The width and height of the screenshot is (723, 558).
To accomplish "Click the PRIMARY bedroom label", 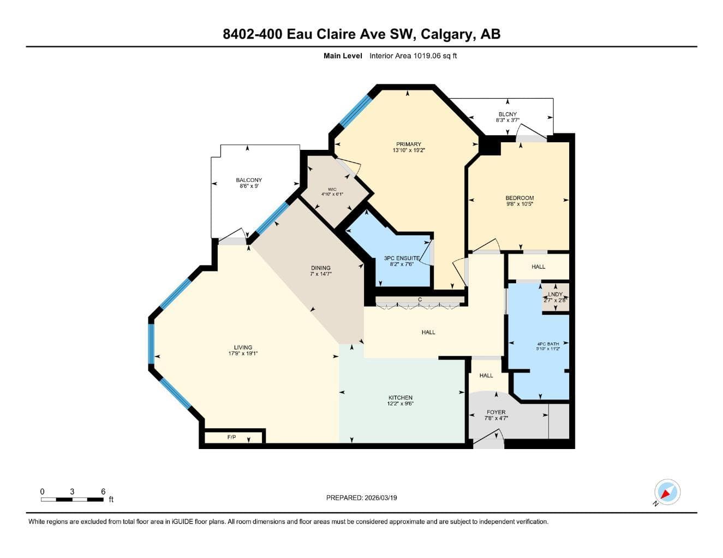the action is (408, 144).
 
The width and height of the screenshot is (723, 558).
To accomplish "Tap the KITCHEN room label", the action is (401, 398).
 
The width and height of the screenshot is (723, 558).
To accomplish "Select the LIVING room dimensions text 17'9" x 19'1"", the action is (243, 354).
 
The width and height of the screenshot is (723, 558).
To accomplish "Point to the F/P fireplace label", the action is (231, 437).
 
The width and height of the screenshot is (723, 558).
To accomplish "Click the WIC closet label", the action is (332, 189).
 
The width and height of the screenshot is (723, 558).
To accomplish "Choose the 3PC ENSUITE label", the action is (402, 258).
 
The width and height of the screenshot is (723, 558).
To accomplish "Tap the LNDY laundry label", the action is (555, 294).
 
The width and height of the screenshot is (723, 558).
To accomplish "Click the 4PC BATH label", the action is (548, 344).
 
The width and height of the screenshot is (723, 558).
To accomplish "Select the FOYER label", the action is (496, 412).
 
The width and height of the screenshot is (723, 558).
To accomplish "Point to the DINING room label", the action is (321, 268).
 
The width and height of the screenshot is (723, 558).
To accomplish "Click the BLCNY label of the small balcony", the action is (507, 114).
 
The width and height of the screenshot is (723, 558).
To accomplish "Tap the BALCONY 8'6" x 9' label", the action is (249, 183).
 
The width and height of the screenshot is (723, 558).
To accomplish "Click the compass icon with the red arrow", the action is (667, 492).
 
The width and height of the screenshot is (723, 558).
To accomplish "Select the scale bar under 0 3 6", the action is (72, 500).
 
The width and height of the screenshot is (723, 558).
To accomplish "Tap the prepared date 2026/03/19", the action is (381, 498).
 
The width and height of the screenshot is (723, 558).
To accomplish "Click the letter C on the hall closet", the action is (420, 300).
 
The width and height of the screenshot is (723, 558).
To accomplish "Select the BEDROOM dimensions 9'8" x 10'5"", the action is (519, 204).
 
